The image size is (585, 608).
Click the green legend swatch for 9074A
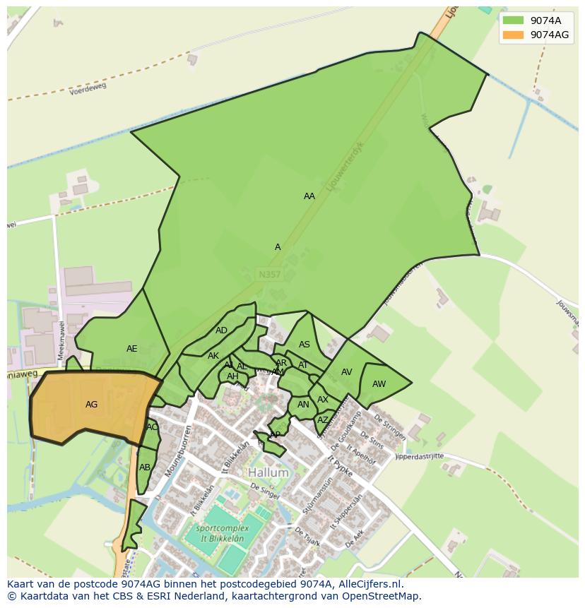tap(513, 20)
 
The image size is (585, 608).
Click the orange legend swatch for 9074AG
tap(513, 34)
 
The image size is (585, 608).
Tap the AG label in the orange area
tap(91, 405)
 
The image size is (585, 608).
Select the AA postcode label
tap(309, 196)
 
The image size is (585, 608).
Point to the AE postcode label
tap(132, 349)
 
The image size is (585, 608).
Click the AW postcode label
tap(379, 384)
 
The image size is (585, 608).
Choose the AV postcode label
tap(347, 372)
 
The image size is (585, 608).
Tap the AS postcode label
tap(305, 345)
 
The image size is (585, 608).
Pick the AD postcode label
tap(222, 330)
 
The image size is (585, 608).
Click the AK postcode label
tap(213, 356)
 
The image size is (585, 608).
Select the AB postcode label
tap(145, 467)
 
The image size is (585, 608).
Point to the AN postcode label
tap(303, 405)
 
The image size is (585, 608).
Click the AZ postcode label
tap(323, 419)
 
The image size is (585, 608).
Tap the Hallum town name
tap(268, 472)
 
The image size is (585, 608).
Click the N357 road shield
tap(269, 273)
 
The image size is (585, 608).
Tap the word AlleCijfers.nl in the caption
tap(368, 584)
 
